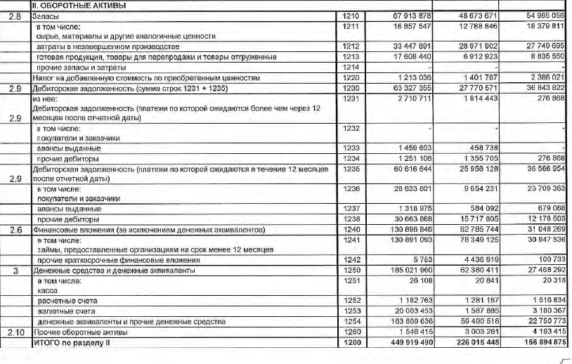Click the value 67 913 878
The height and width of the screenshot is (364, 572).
(404, 15)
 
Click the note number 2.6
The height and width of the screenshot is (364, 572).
(14, 230)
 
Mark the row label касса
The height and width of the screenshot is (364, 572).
(48, 290)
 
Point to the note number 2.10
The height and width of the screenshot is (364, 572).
(14, 332)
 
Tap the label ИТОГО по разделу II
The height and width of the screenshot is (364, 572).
(72, 342)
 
